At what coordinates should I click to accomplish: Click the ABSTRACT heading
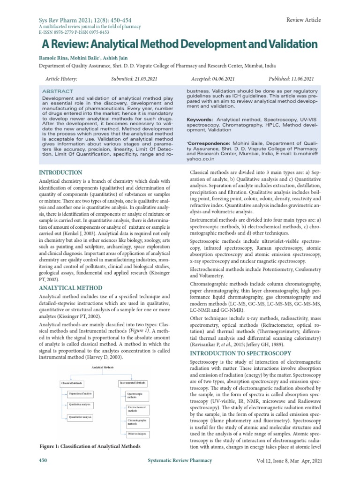click(58, 91)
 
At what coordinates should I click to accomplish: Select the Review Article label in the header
click(303, 20)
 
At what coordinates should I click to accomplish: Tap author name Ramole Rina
click(52, 57)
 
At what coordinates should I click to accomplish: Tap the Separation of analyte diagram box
click(81, 393)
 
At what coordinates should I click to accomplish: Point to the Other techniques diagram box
click(137, 434)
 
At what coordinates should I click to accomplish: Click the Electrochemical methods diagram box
click(137, 409)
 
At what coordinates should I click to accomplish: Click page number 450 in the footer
click(43, 461)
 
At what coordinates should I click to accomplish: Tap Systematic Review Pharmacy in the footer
click(179, 461)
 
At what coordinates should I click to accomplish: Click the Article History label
click(61, 79)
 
